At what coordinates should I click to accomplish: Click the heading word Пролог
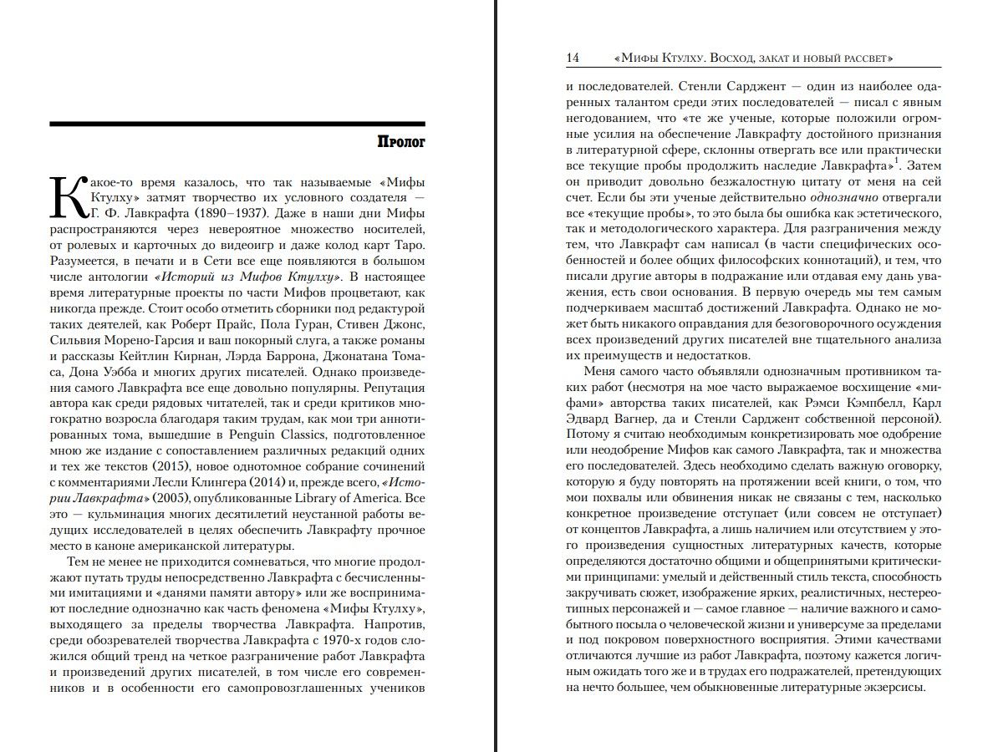(x=400, y=143)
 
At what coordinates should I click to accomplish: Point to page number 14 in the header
(x=573, y=58)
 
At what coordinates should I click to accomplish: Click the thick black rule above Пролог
(x=237, y=124)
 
